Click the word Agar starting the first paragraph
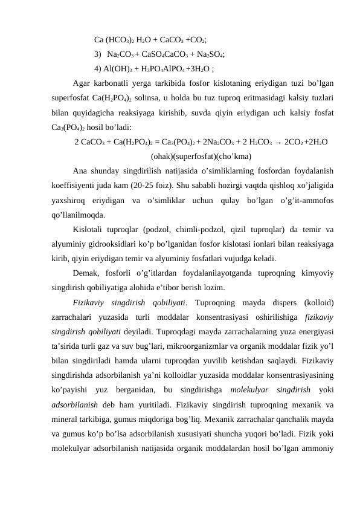click(81, 83)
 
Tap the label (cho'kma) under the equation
click(234, 157)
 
